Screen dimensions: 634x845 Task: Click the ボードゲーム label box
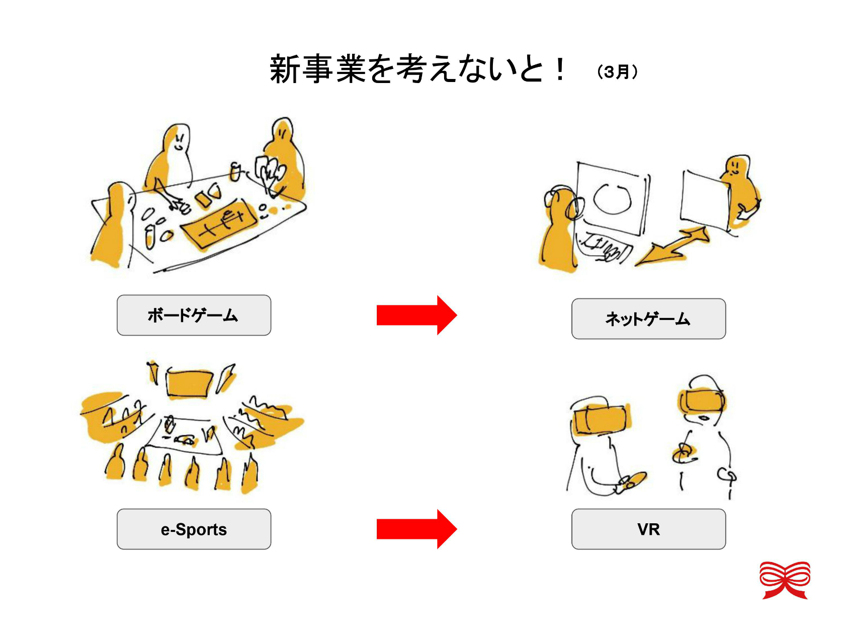[x=194, y=315]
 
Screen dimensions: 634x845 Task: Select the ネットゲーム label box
[x=648, y=319]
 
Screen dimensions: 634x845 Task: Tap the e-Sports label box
[x=194, y=529]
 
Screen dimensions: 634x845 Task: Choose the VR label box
[x=648, y=529]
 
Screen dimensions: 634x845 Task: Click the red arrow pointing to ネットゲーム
[x=416, y=315]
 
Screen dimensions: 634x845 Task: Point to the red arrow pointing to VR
[x=416, y=529]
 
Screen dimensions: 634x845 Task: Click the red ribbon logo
[x=785, y=580]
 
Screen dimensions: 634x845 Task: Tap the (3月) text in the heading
[x=617, y=72]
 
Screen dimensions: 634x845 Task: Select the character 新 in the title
[x=285, y=69]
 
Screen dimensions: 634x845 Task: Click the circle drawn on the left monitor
[x=612, y=199]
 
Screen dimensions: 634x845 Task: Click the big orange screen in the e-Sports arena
[x=189, y=384]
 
